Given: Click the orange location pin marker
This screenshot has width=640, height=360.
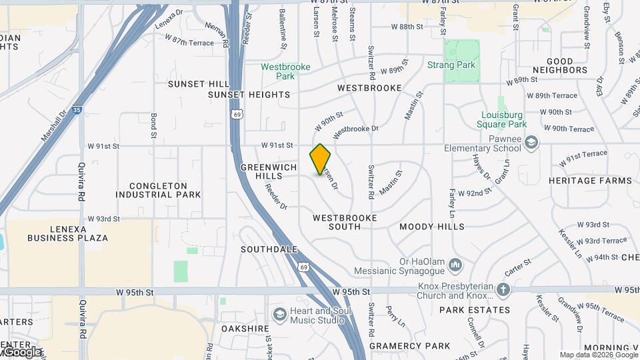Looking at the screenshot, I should point(321,159).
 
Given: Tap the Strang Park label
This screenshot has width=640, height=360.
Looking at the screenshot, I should point(451,65).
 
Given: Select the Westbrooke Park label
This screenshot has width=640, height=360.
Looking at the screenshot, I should point(277,71).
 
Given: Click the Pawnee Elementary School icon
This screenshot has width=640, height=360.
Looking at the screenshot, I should point(531,141).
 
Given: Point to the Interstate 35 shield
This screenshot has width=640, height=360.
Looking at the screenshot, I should point(78,109).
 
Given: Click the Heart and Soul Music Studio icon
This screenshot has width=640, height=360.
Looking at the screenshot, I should point(279,313).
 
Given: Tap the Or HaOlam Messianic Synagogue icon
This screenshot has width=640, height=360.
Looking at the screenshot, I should point(456,265).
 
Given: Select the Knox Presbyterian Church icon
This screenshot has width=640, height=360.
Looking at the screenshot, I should point(503,290).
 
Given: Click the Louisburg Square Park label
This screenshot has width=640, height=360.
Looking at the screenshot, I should point(503,119).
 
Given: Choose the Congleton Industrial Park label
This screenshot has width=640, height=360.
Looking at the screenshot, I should point(158,190).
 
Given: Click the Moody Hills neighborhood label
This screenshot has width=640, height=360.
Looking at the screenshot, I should point(432,227).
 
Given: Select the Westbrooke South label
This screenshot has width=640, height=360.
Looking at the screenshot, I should point(345,222).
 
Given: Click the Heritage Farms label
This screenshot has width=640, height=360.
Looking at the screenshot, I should point(590,181).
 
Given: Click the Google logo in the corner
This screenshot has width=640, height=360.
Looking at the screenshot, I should point(21,351).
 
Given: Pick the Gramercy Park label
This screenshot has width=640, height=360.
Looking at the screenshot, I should point(410,346).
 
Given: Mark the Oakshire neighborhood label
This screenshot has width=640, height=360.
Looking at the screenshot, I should point(245,329).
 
